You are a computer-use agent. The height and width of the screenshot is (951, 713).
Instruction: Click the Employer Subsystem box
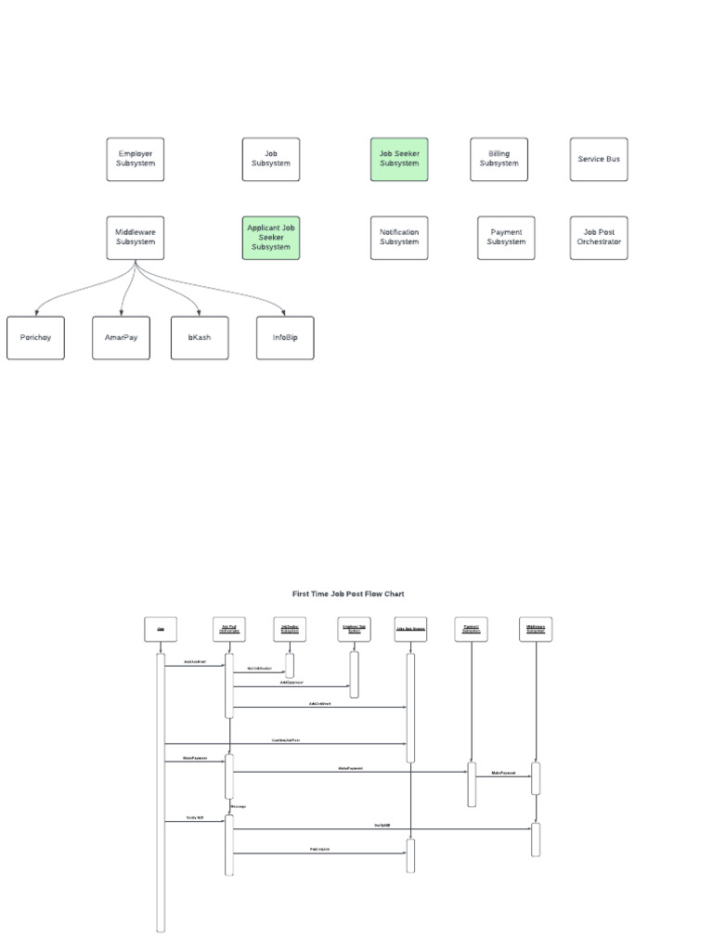pos(136,159)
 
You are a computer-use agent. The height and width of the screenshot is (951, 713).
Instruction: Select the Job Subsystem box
pos(271,159)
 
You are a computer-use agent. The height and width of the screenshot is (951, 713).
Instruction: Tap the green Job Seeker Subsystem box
pos(399,159)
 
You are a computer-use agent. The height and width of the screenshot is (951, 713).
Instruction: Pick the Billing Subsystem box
pos(499,159)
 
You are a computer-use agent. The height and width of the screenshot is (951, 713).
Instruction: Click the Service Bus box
pos(599,159)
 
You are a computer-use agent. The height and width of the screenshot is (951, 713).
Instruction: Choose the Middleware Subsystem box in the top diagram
pos(136,237)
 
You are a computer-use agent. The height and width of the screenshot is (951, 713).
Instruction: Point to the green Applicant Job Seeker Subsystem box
pos(271,237)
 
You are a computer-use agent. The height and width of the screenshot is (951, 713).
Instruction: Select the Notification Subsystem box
pos(399,237)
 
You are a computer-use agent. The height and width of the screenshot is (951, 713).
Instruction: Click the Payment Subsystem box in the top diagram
pos(507,237)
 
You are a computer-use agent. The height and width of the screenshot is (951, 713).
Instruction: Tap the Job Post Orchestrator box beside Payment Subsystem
pos(599,237)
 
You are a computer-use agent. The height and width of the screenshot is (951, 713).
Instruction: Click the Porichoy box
pos(36,337)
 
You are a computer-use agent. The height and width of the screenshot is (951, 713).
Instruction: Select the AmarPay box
pos(121,337)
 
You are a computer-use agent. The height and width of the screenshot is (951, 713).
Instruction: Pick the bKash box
pos(200,337)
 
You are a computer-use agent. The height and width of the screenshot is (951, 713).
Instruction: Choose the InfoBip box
pos(285,337)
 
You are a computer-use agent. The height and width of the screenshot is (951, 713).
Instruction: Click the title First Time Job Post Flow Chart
pos(348,593)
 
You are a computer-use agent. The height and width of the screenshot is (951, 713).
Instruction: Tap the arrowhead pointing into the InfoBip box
pos(284,314)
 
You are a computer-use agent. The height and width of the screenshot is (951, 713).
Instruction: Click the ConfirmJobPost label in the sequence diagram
pos(286,740)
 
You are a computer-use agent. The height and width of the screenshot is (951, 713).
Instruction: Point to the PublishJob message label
pos(321,850)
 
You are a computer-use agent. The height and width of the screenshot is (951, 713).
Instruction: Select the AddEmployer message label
pos(292,683)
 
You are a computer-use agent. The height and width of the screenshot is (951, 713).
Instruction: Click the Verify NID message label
pos(194,818)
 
